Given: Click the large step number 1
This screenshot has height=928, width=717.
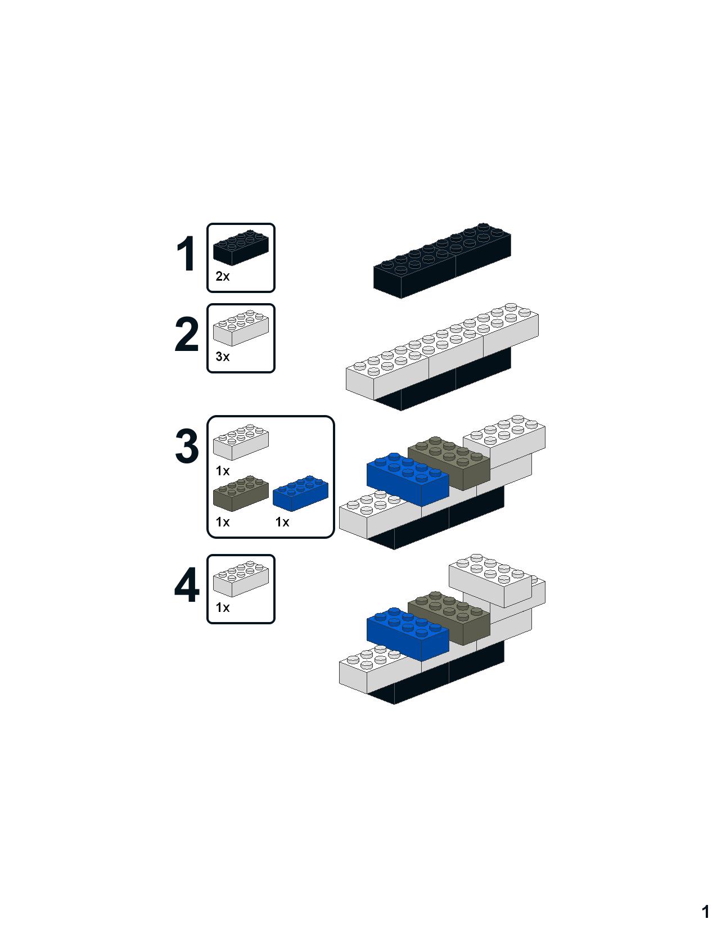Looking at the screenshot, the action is tap(187, 254).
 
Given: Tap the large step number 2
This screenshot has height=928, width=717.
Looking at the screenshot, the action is tap(187, 335).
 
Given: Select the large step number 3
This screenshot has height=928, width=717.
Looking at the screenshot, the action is tap(187, 447).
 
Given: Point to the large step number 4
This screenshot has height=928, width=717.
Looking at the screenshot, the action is tap(187, 585).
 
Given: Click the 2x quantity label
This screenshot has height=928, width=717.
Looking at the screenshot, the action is tap(223, 277).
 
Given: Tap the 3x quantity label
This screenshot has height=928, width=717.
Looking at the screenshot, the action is tap(223, 357).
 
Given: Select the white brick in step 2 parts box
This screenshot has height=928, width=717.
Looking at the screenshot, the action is tap(241, 327).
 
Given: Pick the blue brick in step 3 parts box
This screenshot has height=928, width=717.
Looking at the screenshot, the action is tap(301, 493).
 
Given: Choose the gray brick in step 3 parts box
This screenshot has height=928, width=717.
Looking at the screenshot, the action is tap(241, 493).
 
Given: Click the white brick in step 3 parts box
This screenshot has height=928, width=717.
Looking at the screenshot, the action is tap(241, 442).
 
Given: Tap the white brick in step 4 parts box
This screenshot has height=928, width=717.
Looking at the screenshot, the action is tap(241, 579).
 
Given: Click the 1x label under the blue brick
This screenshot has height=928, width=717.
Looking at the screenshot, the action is tap(282, 522).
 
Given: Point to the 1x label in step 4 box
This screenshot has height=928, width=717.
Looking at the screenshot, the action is tap(223, 607).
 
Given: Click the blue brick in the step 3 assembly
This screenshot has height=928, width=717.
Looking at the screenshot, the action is tap(408, 479).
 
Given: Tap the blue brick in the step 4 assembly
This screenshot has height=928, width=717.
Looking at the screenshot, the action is tap(408, 634).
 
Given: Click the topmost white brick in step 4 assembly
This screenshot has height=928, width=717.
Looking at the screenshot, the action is tap(490, 580).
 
